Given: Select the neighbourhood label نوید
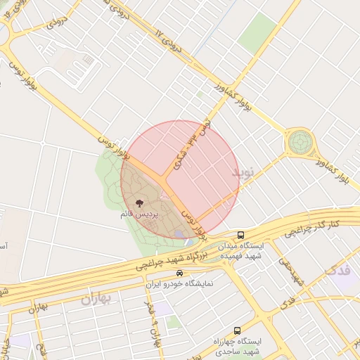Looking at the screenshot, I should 245,172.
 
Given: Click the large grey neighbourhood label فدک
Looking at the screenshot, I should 342,270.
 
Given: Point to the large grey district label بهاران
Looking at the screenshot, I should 96,299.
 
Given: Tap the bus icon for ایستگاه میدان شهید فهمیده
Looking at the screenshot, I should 241,235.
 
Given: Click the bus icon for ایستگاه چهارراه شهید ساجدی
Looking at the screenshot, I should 236,330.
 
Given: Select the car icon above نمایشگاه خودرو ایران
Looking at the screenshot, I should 180,273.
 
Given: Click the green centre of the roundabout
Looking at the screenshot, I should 300,143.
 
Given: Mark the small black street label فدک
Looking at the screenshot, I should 287,303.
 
